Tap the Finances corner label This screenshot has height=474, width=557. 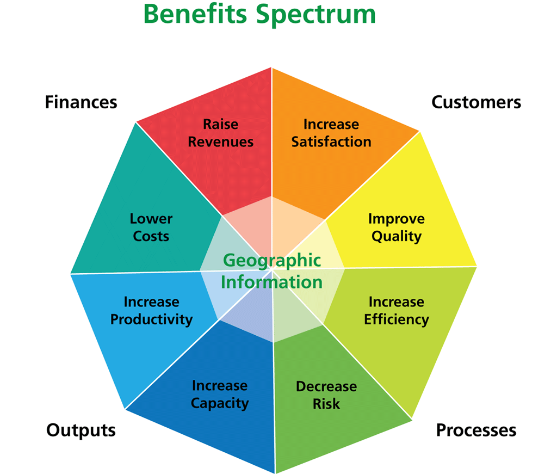tap(81, 102)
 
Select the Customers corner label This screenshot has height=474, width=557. tap(476, 102)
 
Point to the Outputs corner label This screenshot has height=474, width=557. tap(81, 430)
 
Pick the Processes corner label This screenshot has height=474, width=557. tap(476, 430)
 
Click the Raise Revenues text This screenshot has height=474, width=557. tap(221, 133)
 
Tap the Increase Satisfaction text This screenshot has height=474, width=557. tap(331, 133)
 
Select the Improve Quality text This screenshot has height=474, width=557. tap(396, 227)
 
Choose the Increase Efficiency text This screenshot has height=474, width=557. tap(396, 310)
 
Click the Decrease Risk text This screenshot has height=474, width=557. tap(326, 395)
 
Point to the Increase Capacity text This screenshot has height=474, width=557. tap(220, 395)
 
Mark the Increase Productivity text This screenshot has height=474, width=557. tap(151, 310)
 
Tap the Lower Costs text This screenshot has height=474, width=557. tap(151, 227)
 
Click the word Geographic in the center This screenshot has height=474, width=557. tap(271, 260)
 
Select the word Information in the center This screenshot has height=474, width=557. tap(271, 282)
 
